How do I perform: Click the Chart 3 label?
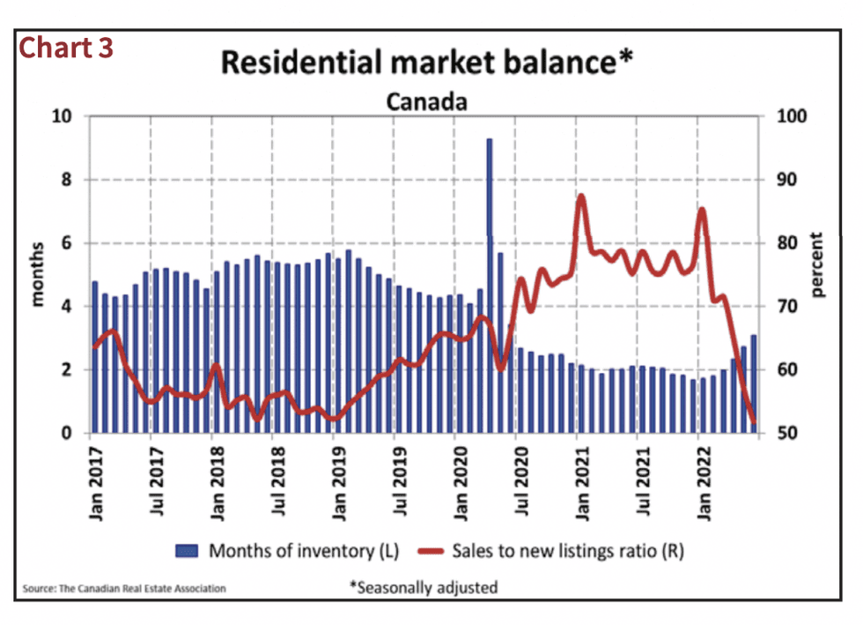pos(67,48)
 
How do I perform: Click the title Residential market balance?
pos(426,63)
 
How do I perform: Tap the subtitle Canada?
pos(426,101)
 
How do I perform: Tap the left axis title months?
pos(38,276)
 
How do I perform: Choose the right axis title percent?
pos(816,264)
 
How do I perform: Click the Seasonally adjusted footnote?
pos(424,587)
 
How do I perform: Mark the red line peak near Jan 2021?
pos(581,197)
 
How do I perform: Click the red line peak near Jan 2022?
pos(701,210)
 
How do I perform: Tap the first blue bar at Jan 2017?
pos(95,357)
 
